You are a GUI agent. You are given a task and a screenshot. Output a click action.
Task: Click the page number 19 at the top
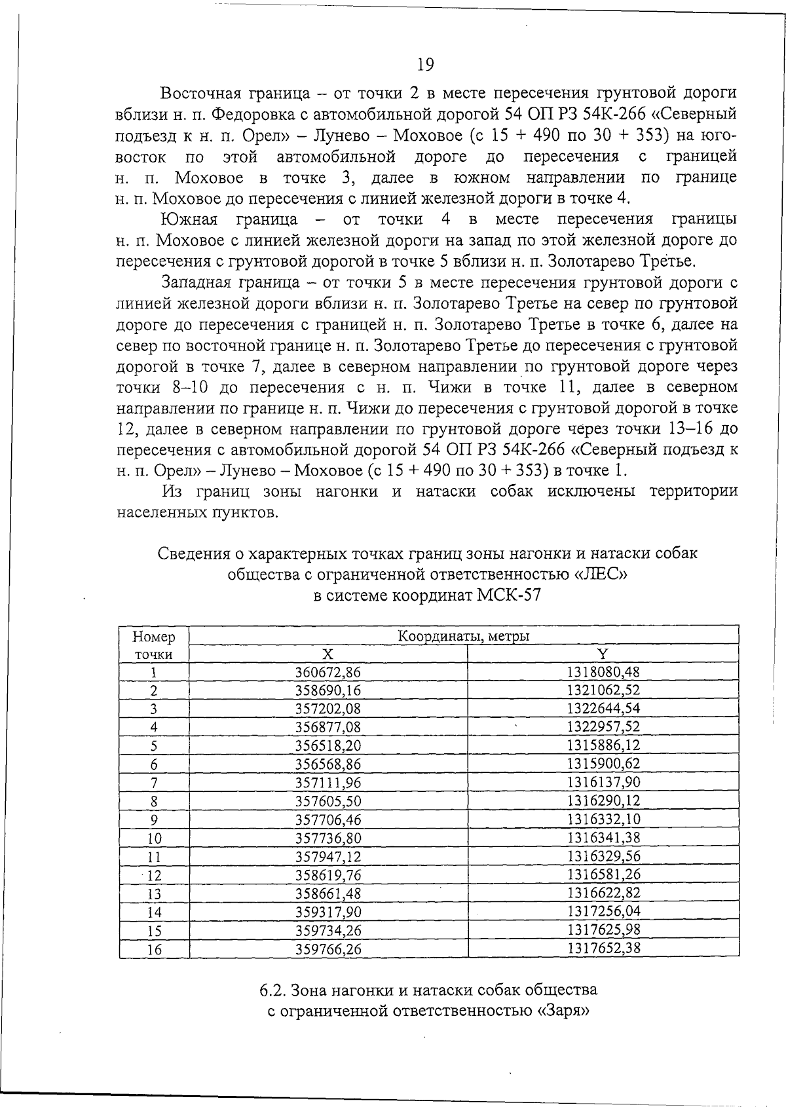tap(425, 64)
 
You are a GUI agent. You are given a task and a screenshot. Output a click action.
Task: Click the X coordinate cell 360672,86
tap(328, 672)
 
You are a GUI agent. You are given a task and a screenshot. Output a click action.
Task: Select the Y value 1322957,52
tap(603, 726)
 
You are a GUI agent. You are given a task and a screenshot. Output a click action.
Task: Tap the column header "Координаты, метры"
tap(464, 635)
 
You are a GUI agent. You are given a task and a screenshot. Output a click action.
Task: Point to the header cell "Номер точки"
tap(154, 645)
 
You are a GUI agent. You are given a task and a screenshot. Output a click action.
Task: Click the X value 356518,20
tap(328, 745)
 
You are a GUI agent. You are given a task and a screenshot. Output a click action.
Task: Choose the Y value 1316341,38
tap(603, 838)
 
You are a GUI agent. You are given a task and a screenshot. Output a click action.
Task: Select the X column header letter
tap(328, 654)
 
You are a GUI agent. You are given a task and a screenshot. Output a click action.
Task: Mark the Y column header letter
tap(603, 654)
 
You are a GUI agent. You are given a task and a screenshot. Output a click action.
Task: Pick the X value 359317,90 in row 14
tap(328, 912)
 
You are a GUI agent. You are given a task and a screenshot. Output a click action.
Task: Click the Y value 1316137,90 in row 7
tap(603, 782)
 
